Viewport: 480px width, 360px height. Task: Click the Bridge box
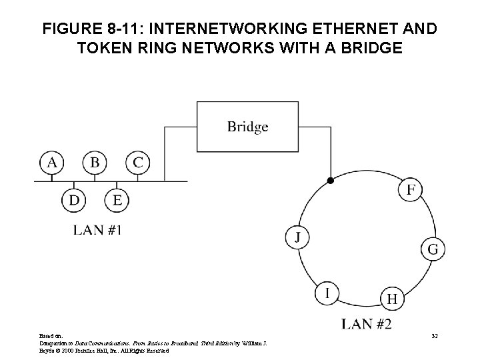[x=247, y=126]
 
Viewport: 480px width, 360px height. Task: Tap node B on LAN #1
[x=95, y=163]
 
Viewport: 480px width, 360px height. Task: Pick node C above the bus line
[x=137, y=163]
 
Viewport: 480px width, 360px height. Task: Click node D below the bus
[x=73, y=199]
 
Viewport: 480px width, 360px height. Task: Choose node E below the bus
[x=117, y=199]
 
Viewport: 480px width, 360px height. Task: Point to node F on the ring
[x=411, y=190]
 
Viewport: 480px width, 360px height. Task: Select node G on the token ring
[x=433, y=249]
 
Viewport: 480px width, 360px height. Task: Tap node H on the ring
[x=392, y=299]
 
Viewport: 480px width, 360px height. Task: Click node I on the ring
[x=327, y=293]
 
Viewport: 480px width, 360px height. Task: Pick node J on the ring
[x=297, y=237]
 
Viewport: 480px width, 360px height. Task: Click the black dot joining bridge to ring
[x=329, y=181]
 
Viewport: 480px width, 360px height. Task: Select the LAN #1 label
[x=97, y=231]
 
